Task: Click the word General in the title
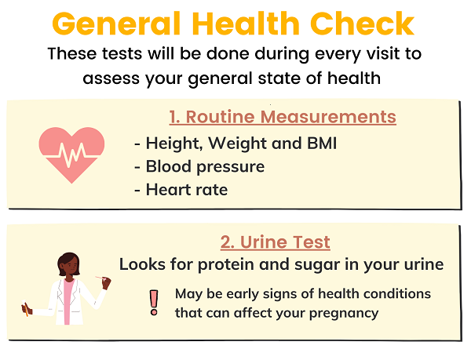116,24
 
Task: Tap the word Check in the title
362,24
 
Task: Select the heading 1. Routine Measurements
283,117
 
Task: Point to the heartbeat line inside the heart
71,155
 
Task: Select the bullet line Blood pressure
199,167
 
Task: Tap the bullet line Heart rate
181,190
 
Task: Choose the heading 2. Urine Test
276,242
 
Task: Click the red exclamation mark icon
154,303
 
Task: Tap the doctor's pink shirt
68,300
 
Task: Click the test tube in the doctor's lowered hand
25,307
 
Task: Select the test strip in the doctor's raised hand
100,278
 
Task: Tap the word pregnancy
344,314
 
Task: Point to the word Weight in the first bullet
237,144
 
